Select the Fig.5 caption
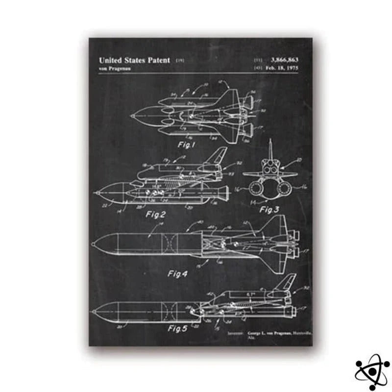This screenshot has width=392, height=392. pos(178,329)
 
